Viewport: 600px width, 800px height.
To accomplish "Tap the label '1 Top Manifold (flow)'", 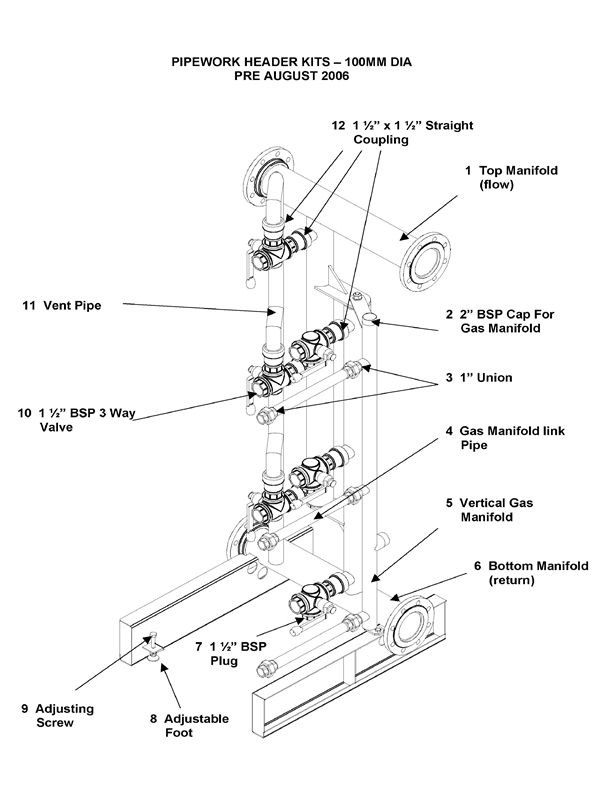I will (509, 178).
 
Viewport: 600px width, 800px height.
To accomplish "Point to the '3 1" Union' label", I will (485, 378).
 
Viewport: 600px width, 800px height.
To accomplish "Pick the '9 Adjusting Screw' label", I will (57, 716).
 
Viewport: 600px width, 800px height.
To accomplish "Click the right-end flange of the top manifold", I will (425, 261).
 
